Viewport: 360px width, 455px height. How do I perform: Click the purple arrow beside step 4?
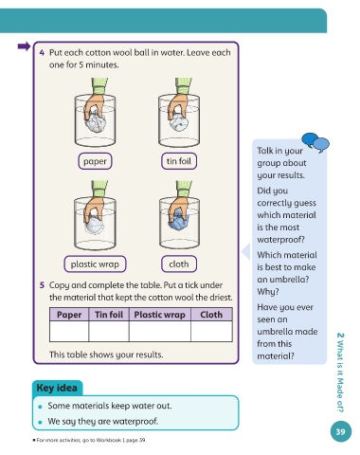coord(24,46)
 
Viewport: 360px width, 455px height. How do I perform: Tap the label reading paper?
coord(95,161)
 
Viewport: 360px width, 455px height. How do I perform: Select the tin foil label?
coord(179,161)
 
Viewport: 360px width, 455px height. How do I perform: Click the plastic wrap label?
coord(95,264)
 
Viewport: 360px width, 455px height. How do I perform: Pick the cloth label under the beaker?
coord(179,264)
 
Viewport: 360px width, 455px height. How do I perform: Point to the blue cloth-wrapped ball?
coord(179,219)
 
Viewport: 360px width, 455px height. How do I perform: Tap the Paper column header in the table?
coord(69,315)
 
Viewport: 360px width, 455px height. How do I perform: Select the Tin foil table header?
coord(109,315)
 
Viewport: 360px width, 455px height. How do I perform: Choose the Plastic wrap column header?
coord(160,315)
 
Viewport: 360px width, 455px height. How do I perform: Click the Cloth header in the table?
coord(211,315)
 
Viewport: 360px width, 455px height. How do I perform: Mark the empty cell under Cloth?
coord(211,331)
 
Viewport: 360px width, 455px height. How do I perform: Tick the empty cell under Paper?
coord(69,331)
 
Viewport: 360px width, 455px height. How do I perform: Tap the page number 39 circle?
coord(341,431)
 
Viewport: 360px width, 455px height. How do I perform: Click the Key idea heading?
coord(57,388)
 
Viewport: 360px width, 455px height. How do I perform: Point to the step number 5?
coord(42,285)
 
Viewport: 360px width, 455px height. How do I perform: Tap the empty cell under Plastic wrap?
coord(160,331)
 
